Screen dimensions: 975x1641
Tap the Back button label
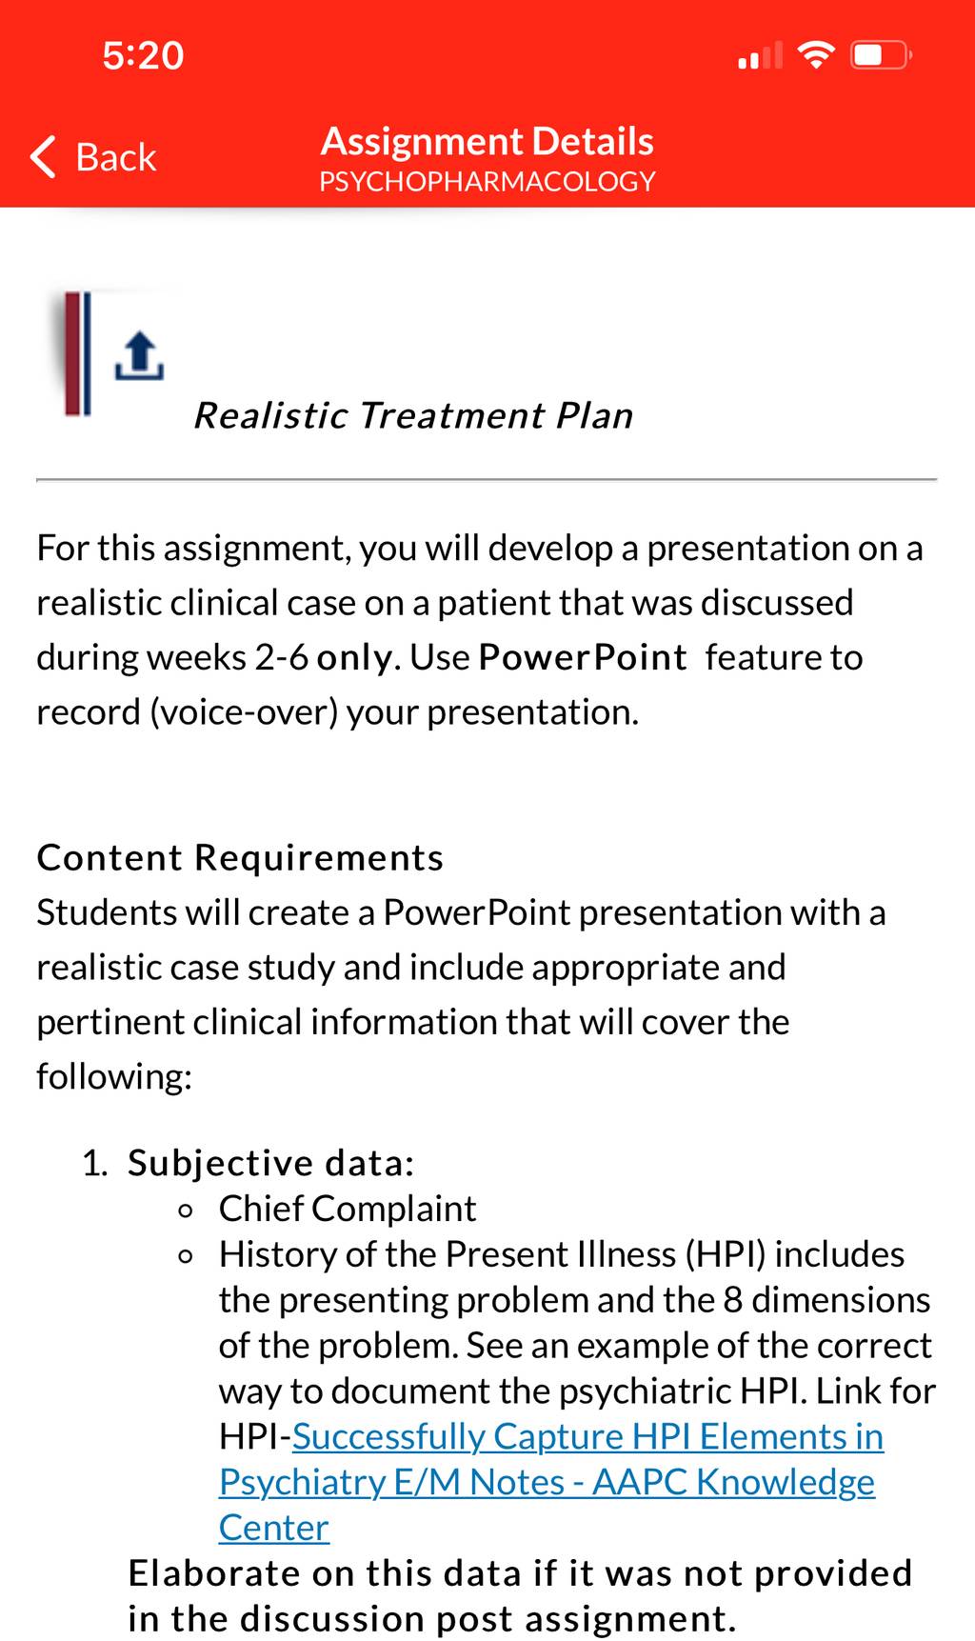pos(115,157)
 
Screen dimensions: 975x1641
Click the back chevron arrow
pos(43,157)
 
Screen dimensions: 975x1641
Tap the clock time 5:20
pos(143,55)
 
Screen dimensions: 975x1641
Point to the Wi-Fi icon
pos(815,54)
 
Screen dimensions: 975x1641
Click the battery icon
pos(882,54)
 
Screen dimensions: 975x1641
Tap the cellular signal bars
pos(760,55)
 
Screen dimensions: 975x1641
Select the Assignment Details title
pos(487,141)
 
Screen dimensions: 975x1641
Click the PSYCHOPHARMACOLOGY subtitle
pos(487,181)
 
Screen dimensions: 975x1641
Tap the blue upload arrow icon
pos(139,356)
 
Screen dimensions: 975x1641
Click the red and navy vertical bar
pos(77,353)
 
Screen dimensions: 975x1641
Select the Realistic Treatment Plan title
pos(413,415)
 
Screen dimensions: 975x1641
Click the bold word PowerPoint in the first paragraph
pos(582,657)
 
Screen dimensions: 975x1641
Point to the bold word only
pos(354,658)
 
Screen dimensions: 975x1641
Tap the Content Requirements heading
pos(240,857)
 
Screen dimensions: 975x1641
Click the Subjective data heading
pos(271,1163)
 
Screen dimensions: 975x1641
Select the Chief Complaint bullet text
pos(348,1209)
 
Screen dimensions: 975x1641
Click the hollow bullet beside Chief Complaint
pos(187,1211)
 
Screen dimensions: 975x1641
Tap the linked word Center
pos(274,1528)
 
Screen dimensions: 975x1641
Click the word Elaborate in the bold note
pos(214,1573)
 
